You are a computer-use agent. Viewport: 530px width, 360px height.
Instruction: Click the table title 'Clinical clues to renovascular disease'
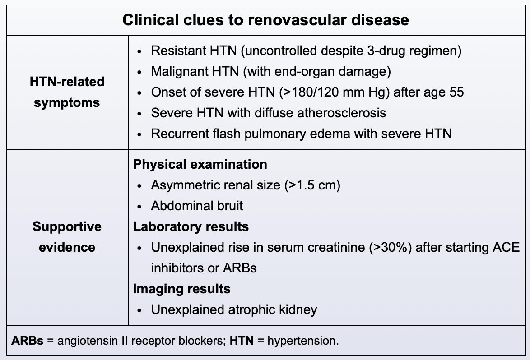click(265, 20)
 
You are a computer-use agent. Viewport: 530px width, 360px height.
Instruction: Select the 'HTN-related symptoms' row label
click(67, 92)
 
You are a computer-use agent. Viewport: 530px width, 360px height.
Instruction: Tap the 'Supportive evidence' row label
click(67, 237)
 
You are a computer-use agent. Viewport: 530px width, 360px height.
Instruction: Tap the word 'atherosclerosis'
click(341, 112)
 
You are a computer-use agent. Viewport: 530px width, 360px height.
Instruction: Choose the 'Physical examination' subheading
click(200, 164)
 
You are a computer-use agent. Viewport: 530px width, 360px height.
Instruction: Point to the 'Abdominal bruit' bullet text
click(197, 206)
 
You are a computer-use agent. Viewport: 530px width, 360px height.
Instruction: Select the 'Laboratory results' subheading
click(191, 226)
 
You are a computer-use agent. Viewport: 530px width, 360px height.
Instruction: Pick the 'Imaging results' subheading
click(181, 289)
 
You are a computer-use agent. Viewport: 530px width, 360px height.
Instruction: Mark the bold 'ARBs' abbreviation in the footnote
click(28, 341)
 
